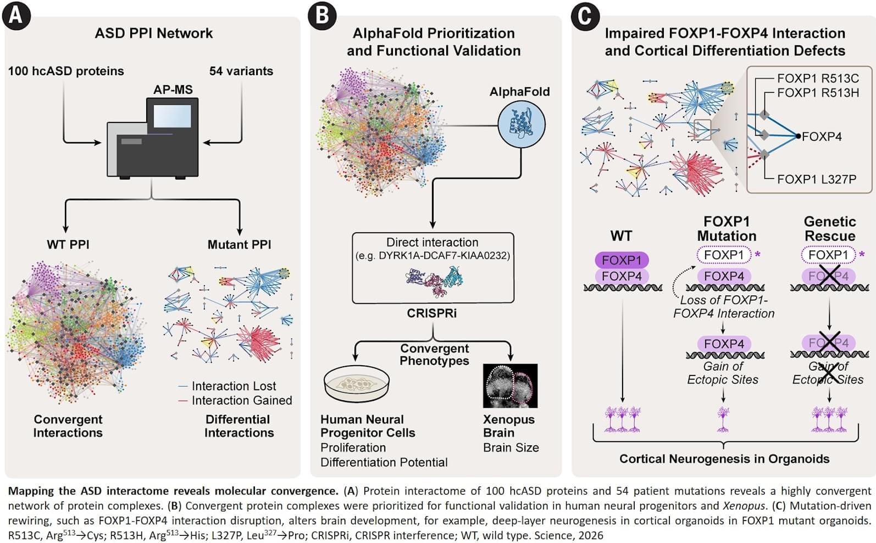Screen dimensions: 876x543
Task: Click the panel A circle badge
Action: (x=16, y=16)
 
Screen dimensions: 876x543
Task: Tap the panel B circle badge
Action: (x=322, y=16)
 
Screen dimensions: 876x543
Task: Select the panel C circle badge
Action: (x=585, y=16)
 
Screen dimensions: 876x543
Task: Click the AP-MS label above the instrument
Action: (x=173, y=89)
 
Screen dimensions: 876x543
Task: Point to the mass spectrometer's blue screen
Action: (x=173, y=116)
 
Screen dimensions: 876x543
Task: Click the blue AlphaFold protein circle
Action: (x=522, y=125)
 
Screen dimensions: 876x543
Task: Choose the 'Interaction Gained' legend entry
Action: (x=235, y=400)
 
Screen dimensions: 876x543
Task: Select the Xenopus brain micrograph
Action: (x=511, y=386)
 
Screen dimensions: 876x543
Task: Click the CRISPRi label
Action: (x=432, y=314)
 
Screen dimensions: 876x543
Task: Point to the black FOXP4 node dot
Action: (x=798, y=136)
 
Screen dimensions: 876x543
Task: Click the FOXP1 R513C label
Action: (x=818, y=79)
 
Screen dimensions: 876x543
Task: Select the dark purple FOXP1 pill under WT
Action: (x=622, y=260)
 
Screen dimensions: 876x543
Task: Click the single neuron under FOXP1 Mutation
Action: (x=723, y=419)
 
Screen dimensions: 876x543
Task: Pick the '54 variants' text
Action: (x=241, y=71)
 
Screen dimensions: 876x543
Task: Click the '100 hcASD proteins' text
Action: (x=66, y=71)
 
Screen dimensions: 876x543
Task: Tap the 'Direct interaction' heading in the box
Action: (x=432, y=242)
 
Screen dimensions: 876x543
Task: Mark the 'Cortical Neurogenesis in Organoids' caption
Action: (x=724, y=458)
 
